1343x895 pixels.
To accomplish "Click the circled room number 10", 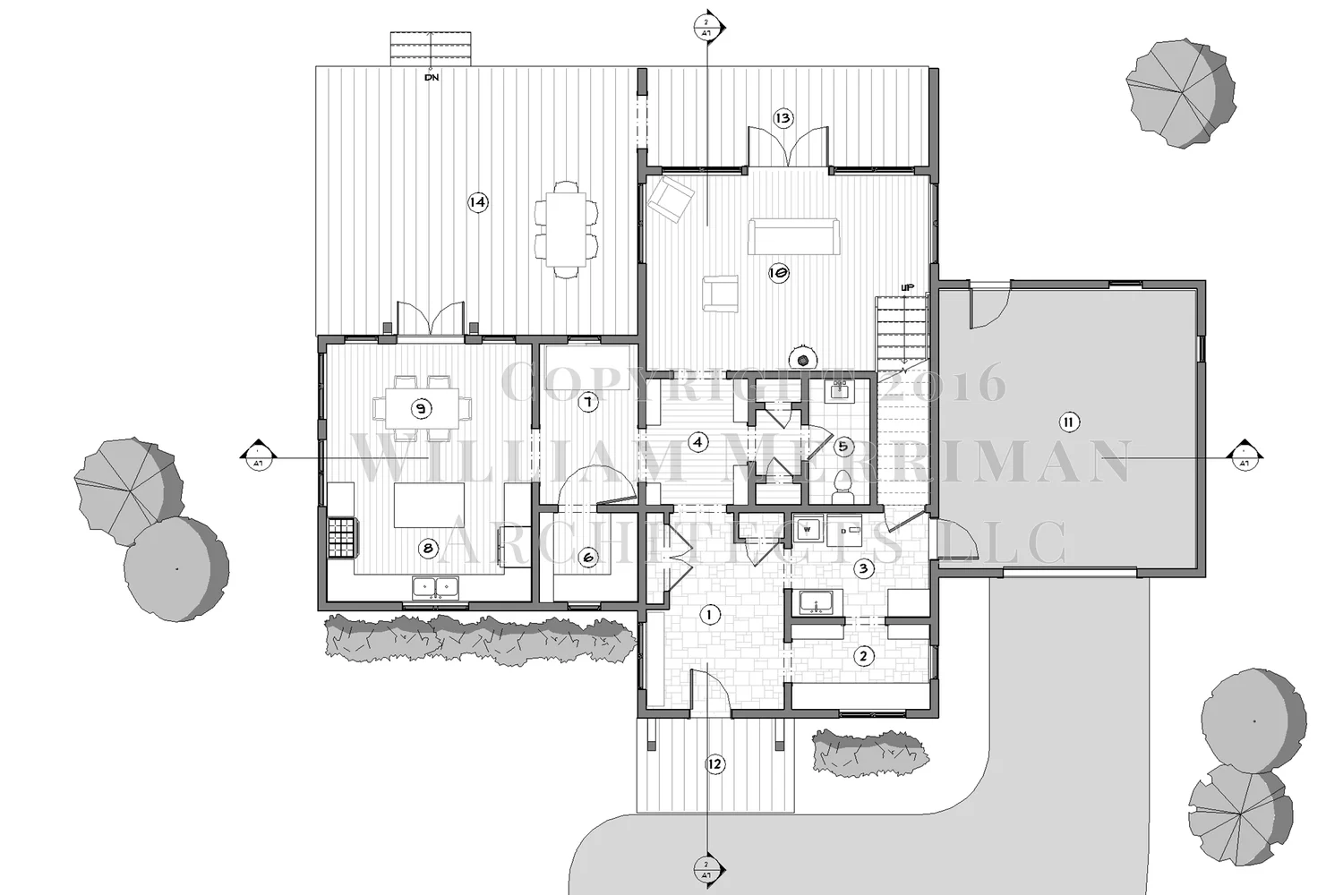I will coord(777,273).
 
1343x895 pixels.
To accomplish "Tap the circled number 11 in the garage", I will coord(1067,422).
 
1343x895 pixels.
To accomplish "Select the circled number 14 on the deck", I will coord(478,202).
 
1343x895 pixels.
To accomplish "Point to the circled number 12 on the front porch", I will coord(714,764).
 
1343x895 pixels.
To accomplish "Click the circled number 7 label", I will coord(587,403).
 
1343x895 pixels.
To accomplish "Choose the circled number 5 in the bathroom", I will coord(842,445).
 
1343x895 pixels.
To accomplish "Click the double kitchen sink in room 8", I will coord(435,587).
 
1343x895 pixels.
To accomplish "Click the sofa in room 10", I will coord(794,237).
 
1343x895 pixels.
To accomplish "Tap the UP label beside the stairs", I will coord(907,287).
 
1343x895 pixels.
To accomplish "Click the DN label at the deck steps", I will coord(432,78).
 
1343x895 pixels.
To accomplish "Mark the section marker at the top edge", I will coord(707,23).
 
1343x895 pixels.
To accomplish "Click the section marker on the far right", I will coord(1244,456).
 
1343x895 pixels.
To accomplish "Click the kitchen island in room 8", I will coord(430,505).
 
